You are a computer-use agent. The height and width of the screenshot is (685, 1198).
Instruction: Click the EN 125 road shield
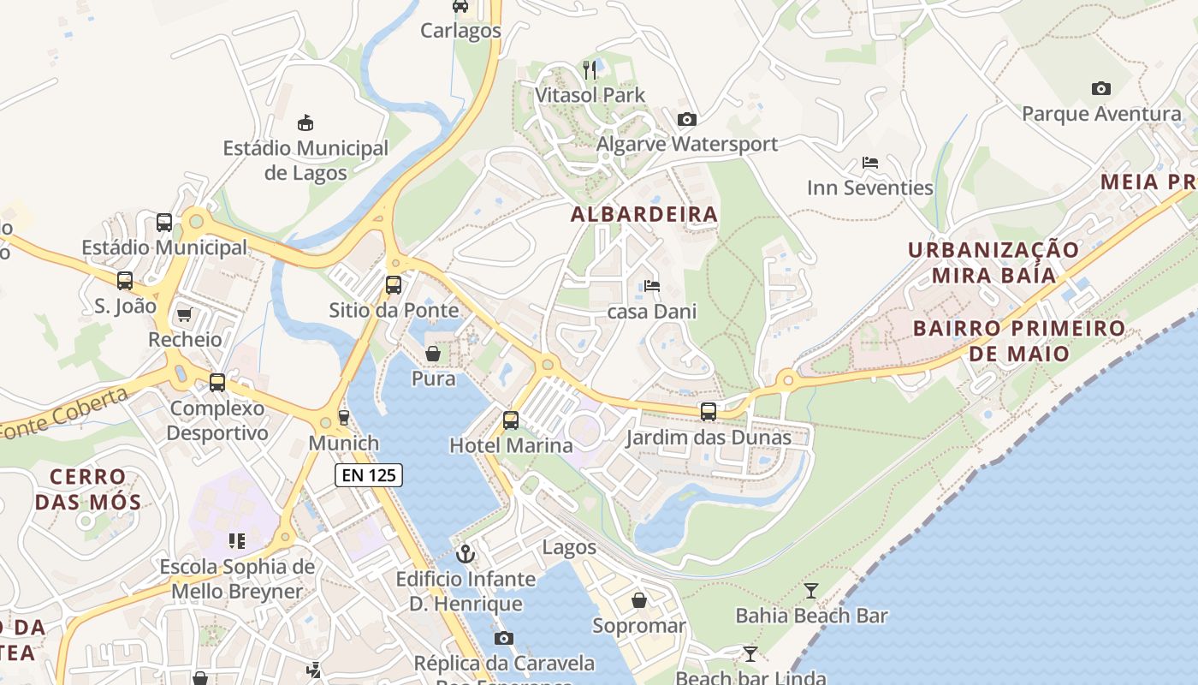[368, 474]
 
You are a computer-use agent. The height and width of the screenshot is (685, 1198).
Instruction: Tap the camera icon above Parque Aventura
[1100, 88]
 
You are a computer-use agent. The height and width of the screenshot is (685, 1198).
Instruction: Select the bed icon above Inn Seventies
[870, 163]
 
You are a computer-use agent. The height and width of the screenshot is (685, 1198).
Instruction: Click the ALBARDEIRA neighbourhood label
[643, 214]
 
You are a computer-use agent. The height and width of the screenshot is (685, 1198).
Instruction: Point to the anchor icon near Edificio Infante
[466, 554]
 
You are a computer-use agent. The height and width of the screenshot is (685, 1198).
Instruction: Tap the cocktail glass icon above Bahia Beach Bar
[810, 590]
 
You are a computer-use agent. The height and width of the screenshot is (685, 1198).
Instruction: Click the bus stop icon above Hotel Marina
[511, 420]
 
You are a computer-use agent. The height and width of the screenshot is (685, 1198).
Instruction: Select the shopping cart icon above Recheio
[184, 315]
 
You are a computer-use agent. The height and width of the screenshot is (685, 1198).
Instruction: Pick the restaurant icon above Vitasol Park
[590, 69]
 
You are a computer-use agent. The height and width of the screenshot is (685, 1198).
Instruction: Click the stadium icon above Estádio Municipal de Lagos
[305, 123]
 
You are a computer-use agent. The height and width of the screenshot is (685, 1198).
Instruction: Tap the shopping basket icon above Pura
[433, 354]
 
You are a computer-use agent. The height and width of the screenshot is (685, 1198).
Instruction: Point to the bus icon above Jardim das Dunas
[709, 412]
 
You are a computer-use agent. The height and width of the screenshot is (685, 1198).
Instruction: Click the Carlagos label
[460, 31]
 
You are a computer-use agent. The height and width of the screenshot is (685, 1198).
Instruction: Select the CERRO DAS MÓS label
[88, 489]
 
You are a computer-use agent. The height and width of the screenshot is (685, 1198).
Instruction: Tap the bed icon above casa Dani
[652, 286]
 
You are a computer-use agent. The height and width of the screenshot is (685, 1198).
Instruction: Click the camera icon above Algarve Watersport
[686, 120]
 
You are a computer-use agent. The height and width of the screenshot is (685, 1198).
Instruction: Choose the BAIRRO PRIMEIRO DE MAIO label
[1018, 341]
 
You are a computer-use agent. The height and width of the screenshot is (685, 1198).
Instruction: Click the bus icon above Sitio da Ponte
[394, 285]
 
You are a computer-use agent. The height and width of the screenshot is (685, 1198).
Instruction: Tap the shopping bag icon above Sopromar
[639, 600]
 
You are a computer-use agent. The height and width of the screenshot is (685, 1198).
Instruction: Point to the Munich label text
[343, 444]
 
